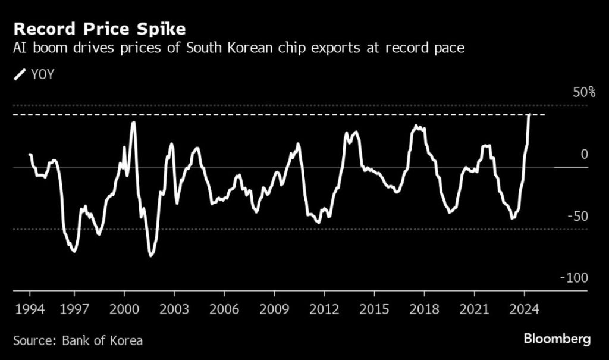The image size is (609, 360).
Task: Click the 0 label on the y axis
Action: click(x=584, y=154)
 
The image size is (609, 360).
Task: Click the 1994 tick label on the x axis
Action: click(x=30, y=309)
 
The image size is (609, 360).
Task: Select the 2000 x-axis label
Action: click(x=124, y=309)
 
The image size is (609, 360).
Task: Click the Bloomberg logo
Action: click(x=557, y=339)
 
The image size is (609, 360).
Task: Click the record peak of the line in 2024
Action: click(x=529, y=115)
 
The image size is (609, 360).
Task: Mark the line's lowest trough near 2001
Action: click(x=151, y=255)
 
